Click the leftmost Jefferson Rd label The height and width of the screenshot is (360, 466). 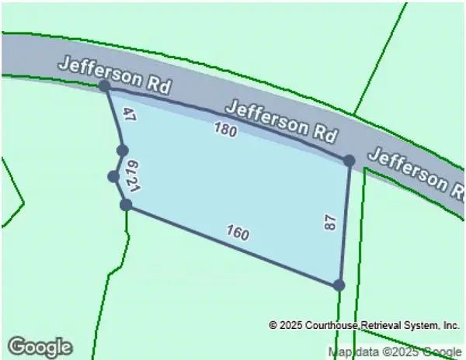[116, 73]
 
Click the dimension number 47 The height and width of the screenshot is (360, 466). [129, 117]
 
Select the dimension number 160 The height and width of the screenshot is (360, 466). [238, 232]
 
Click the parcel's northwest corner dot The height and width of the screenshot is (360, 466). [105, 86]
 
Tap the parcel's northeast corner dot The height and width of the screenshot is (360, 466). [349, 160]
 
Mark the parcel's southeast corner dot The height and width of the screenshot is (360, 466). [339, 285]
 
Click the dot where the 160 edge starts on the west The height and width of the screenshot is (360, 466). [126, 205]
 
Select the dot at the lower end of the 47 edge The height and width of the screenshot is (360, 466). [122, 150]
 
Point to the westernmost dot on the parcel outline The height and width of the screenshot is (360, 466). [113, 177]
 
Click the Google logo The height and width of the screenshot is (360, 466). [40, 346]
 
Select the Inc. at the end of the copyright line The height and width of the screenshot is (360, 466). [450, 325]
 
